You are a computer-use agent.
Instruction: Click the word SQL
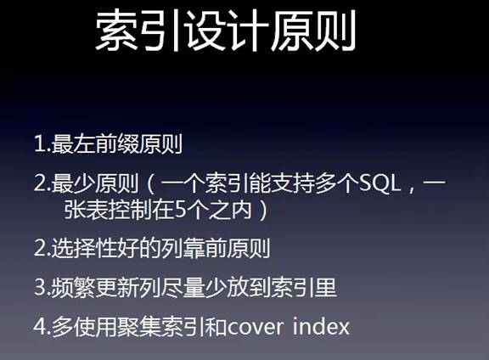379,183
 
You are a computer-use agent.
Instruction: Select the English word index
322,326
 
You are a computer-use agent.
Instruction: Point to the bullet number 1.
40,144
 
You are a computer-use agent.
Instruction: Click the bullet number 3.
40,287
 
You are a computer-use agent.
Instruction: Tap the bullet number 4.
40,326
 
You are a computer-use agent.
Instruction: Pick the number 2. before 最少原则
42,183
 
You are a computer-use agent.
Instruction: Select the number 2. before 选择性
42,248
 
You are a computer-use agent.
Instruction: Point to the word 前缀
117,144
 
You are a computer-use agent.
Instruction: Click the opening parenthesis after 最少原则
149,184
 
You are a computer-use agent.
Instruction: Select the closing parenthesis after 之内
264,211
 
